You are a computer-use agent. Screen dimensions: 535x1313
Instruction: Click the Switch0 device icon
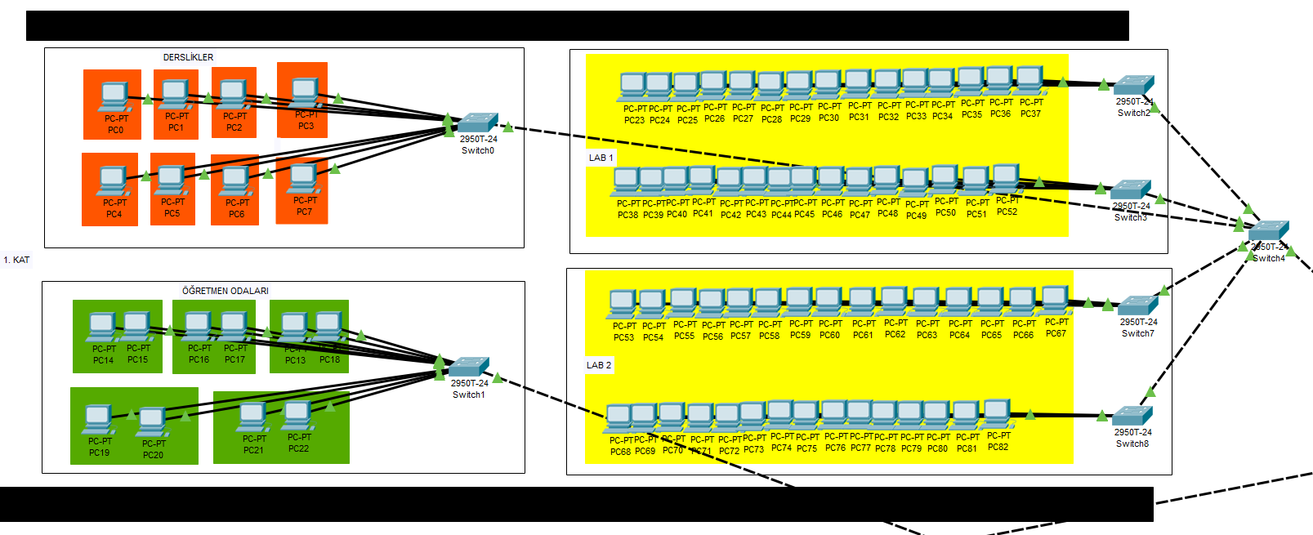[478, 123]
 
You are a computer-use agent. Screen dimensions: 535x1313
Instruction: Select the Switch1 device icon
[469, 367]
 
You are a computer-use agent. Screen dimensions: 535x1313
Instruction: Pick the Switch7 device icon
[1137, 306]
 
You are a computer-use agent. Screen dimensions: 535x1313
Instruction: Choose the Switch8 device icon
[1132, 416]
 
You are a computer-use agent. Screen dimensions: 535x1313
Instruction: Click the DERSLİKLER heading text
[188, 57]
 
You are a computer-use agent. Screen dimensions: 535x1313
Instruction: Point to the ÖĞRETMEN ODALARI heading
[225, 291]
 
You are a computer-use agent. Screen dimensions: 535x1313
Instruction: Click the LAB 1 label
[601, 158]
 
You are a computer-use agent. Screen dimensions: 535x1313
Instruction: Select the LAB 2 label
[599, 365]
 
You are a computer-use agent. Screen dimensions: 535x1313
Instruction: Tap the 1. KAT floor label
[16, 260]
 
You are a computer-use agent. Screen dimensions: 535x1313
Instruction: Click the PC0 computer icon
[114, 97]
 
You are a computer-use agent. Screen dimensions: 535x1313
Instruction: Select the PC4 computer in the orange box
[113, 181]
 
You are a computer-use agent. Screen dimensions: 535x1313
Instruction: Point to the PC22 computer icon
[297, 416]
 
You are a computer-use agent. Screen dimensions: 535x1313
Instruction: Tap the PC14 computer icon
[102, 328]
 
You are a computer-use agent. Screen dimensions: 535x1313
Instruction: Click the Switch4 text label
[1268, 258]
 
